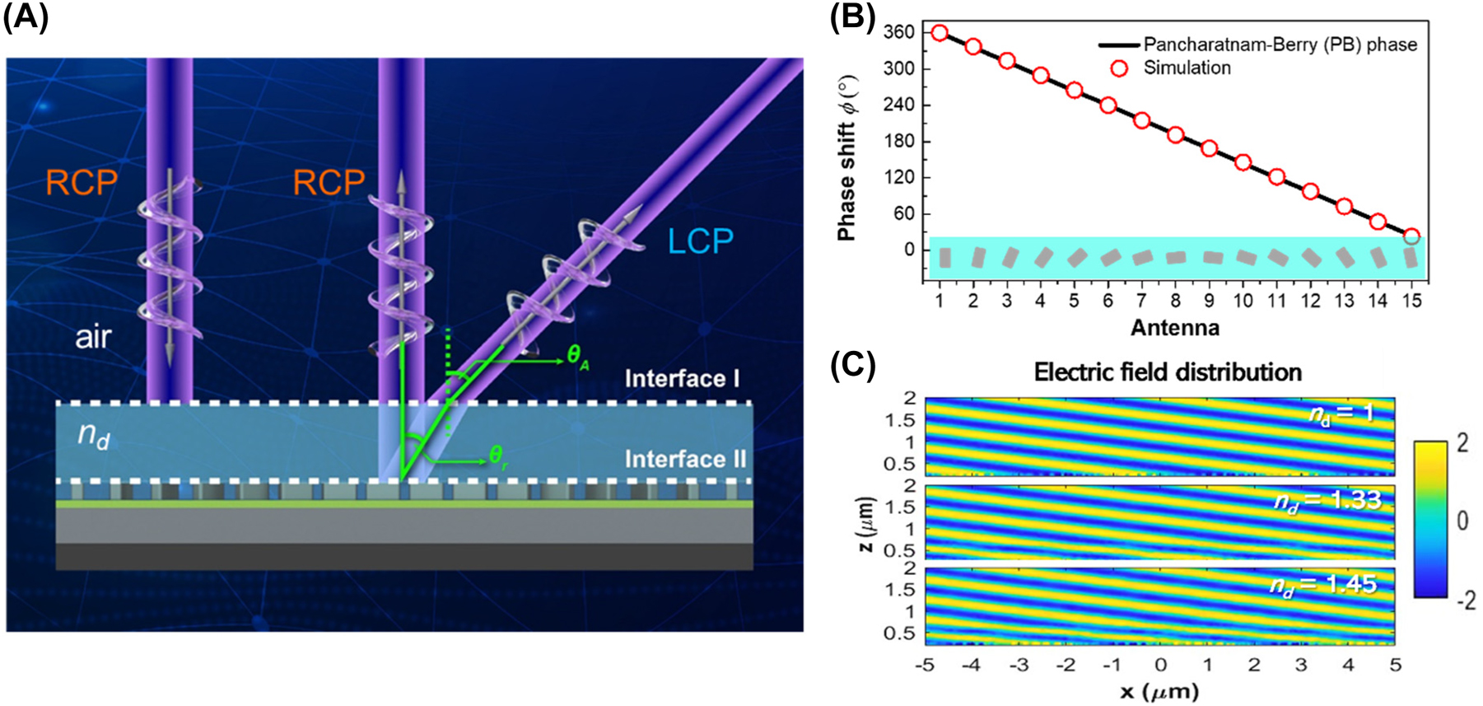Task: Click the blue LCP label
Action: (700, 241)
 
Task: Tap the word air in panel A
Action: (92, 337)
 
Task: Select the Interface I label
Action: (682, 379)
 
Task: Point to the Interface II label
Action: (685, 459)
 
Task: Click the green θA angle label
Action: (578, 357)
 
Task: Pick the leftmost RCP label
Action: (81, 182)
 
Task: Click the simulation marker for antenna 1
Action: (940, 33)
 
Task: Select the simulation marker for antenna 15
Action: (1411, 236)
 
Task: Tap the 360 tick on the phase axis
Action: (899, 32)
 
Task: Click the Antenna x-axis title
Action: (1174, 328)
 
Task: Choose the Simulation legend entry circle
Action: (1119, 68)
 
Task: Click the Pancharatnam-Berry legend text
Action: (1280, 44)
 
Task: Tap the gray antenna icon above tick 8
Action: (1176, 258)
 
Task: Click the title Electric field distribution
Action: (1168, 372)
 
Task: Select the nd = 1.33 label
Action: (1327, 500)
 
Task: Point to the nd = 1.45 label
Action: (1322, 584)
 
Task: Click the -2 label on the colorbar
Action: (1465, 601)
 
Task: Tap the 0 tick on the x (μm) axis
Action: (1160, 664)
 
